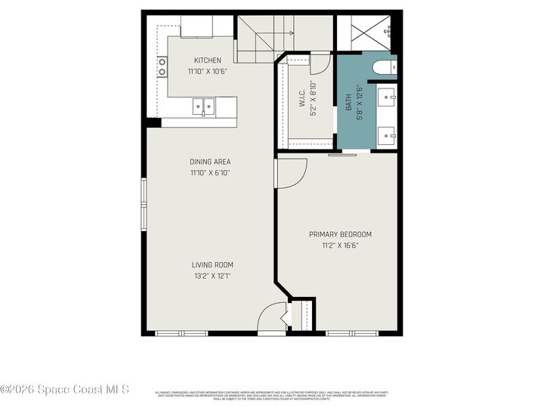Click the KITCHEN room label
tap(208, 60)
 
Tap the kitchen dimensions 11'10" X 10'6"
tap(208, 72)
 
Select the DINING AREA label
tap(210, 162)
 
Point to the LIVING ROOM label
tap(212, 264)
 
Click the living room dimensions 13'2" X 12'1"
tap(212, 276)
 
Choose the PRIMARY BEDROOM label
tap(340, 234)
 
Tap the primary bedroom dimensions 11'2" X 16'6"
tap(340, 246)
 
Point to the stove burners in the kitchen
tap(162, 66)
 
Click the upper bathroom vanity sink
tap(389, 97)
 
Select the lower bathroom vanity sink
tap(389, 137)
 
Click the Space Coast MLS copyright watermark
tap(65, 390)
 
